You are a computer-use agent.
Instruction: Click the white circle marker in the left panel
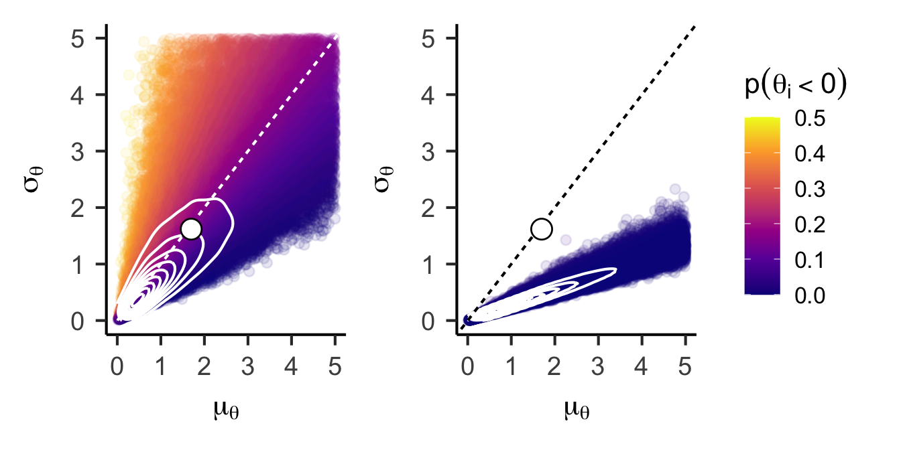191,229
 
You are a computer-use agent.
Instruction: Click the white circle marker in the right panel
541,229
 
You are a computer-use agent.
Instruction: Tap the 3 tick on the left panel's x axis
248,350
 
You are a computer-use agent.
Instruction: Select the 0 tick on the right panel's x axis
468,350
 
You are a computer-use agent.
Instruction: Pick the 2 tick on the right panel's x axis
555,350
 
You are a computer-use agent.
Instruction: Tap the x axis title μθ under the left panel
226,409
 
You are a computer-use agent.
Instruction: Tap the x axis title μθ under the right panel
576,409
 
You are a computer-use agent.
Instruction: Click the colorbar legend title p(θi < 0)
795,87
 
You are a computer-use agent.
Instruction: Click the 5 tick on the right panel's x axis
685,350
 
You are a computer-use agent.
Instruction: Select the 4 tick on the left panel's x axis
292,350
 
